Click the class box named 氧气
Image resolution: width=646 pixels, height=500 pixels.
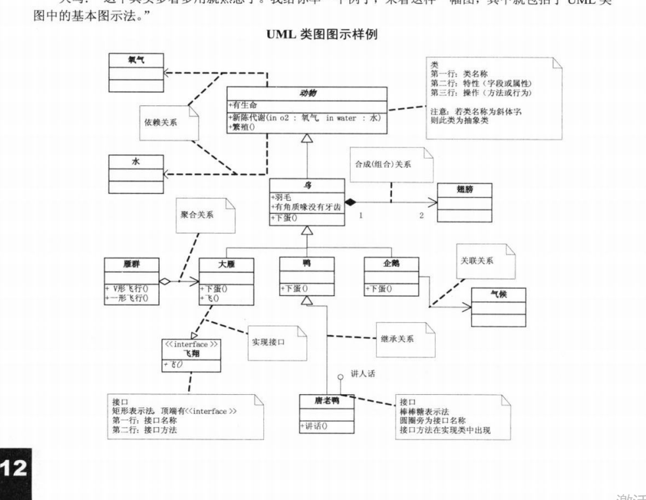(137, 72)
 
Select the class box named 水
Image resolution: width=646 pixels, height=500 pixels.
(137, 174)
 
